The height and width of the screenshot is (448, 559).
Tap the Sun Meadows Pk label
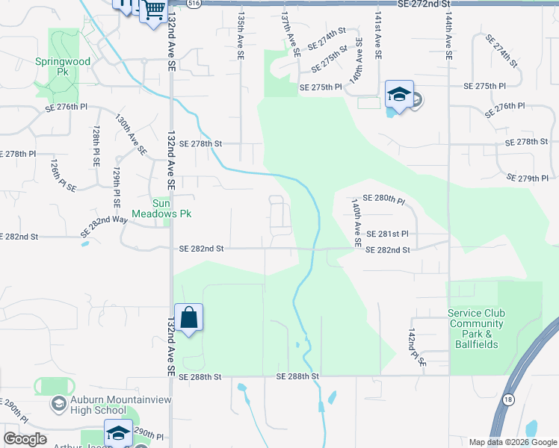[x=172, y=208]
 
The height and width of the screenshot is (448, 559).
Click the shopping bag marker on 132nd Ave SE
[x=189, y=317]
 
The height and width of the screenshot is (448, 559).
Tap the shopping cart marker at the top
[x=154, y=10]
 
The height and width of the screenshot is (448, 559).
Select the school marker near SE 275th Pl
[x=399, y=94]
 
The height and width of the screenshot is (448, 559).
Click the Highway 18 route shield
[x=510, y=400]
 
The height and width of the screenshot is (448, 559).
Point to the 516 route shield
[x=194, y=4]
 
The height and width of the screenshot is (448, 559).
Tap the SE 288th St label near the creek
[x=297, y=377]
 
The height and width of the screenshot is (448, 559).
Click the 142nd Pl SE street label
[x=416, y=344]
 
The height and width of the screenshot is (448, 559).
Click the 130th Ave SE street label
[x=131, y=134]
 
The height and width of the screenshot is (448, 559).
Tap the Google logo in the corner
[x=25, y=439]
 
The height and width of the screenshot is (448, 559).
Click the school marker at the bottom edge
[x=118, y=434]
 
